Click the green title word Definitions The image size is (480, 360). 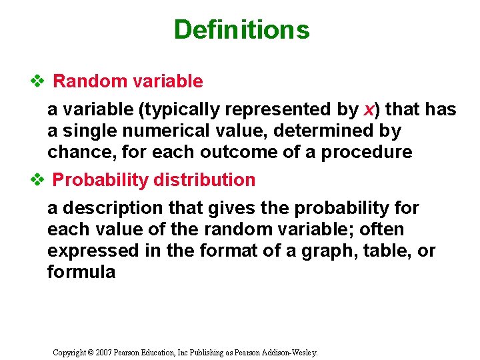pos(241,30)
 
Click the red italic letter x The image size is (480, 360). pos(369,109)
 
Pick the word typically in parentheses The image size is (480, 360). pos(163,109)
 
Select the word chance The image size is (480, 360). pos(74,152)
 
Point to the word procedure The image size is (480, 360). pos(367,152)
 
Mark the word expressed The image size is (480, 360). pos(85,251)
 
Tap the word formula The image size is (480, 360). pos(81,272)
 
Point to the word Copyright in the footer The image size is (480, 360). pos(69,351)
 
